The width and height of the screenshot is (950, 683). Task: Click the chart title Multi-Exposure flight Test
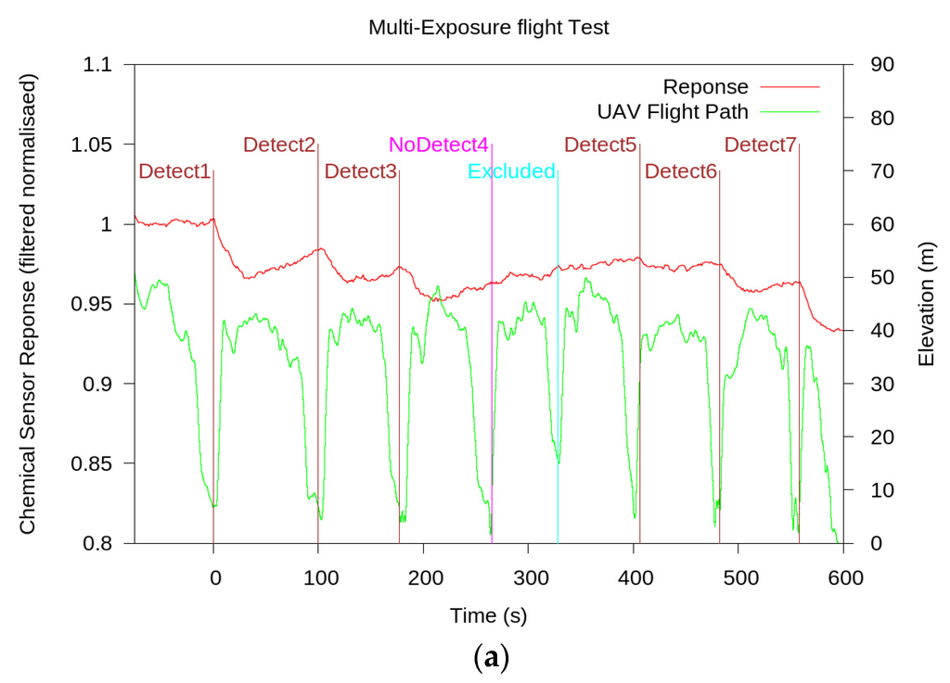(488, 27)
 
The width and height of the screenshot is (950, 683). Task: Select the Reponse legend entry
(705, 87)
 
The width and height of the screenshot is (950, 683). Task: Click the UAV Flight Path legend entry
(673, 111)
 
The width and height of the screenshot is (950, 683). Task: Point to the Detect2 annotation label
(279, 145)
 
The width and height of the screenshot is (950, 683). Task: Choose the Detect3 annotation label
(360, 171)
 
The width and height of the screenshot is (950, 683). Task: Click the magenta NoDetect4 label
(438, 145)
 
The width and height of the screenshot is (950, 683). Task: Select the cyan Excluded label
(511, 171)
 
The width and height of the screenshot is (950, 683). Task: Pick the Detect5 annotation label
(600, 145)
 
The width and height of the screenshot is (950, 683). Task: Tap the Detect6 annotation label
(681, 171)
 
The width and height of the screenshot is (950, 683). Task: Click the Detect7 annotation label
(760, 145)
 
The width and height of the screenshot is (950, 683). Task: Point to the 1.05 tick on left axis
(91, 145)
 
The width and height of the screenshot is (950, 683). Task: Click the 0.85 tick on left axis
(91, 463)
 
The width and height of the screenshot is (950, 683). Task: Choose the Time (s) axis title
(488, 614)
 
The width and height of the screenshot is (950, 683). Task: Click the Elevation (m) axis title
(926, 304)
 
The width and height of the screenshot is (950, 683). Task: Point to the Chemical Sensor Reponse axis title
(28, 304)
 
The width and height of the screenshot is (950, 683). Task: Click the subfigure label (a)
(489, 659)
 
